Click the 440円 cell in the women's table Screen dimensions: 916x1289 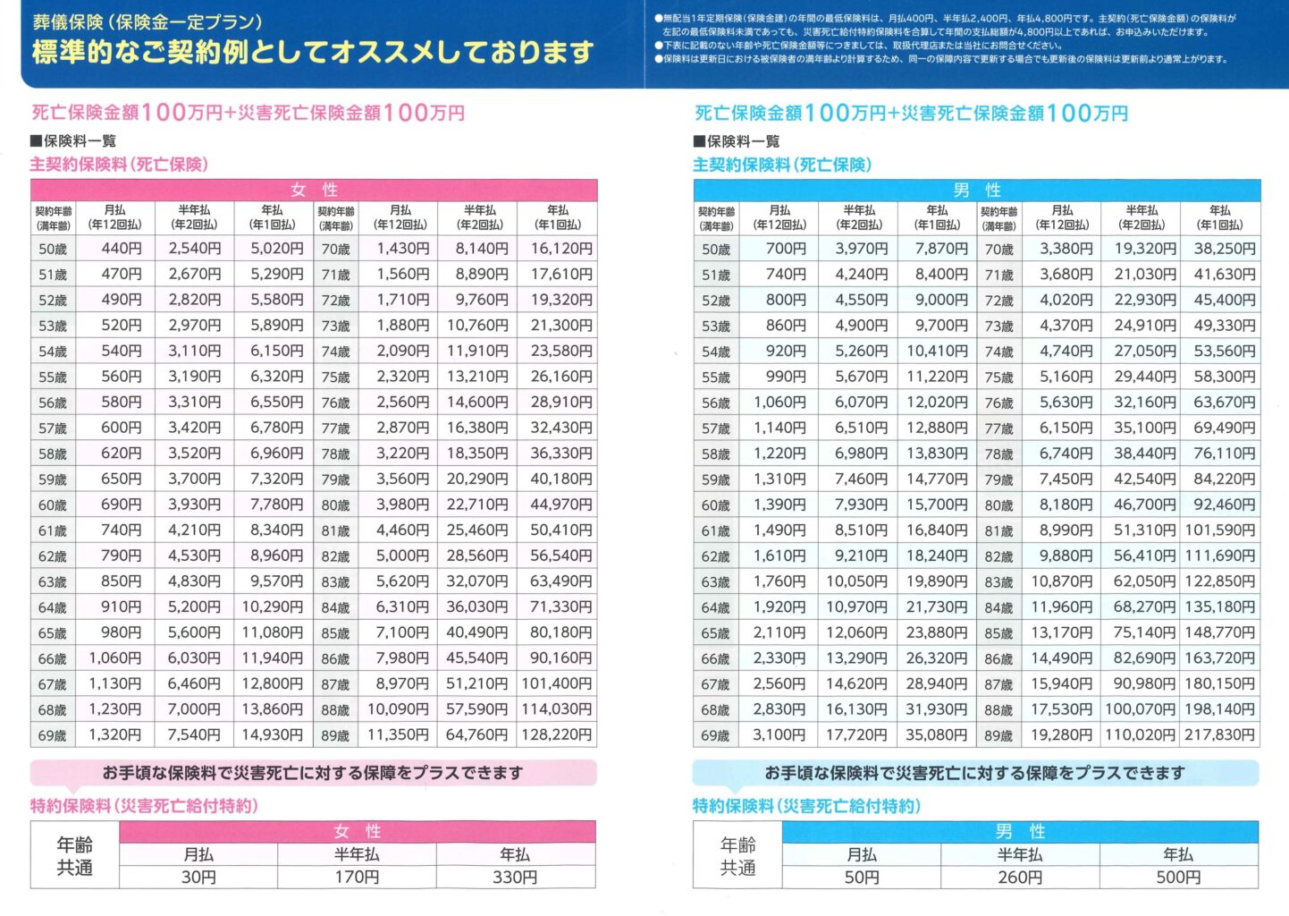pos(122,249)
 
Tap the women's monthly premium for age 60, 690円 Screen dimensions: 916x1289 pos(122,505)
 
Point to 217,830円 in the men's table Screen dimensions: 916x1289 pos(1220,735)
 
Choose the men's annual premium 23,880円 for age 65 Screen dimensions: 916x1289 pos(937,632)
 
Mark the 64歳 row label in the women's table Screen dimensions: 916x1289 pos(53,607)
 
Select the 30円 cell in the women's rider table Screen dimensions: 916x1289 pos(198,878)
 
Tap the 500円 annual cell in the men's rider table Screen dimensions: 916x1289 pos(1178,878)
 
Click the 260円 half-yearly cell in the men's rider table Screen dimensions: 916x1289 pos(1020,878)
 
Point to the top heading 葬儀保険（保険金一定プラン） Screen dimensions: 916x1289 pos(147,21)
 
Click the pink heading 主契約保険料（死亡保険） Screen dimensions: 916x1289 pos(119,165)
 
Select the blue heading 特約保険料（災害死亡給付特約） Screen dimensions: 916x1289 pos(806,806)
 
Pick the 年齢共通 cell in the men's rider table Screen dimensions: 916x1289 pos(737,856)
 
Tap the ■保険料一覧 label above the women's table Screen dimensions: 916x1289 pos(73,140)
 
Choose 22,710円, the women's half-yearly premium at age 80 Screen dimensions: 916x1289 pos(477,505)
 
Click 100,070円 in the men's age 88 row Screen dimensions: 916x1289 pos(1141,709)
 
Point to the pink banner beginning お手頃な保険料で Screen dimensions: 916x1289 pos(313,773)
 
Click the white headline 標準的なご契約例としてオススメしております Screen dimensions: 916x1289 pos(313,53)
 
